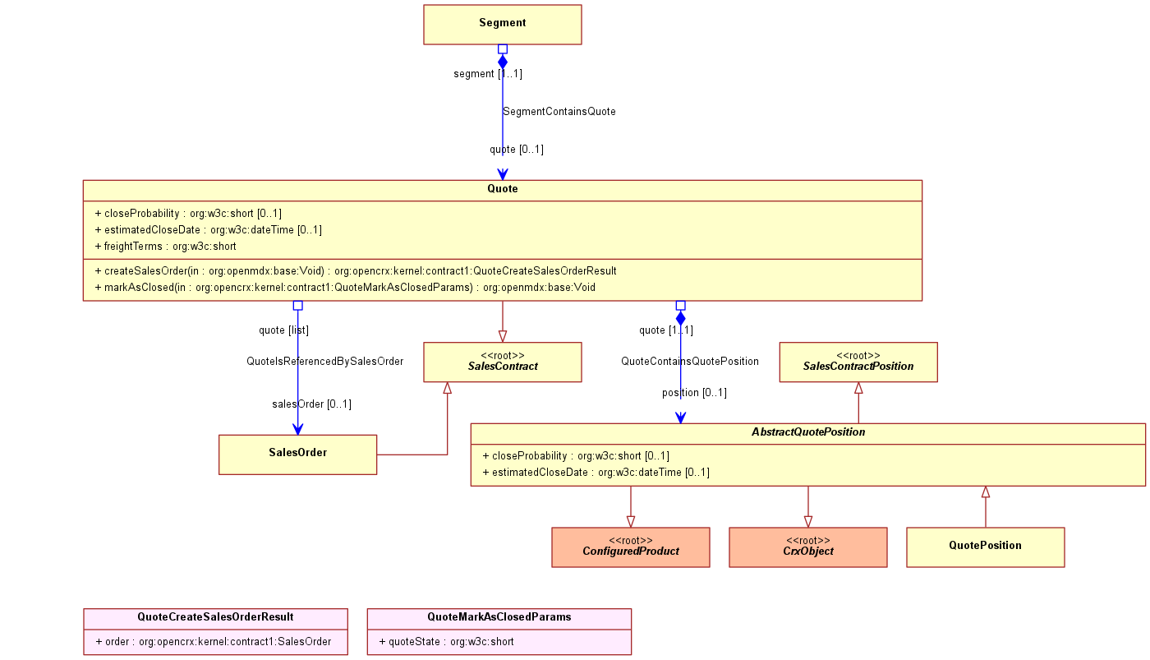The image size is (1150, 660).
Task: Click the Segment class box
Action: tap(502, 25)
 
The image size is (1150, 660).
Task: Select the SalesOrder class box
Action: tap(297, 455)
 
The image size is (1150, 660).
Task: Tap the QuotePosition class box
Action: tap(985, 547)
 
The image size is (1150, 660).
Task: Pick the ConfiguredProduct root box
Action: tap(631, 547)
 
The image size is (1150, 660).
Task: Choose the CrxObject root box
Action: tap(808, 547)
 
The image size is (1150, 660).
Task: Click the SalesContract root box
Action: tap(502, 362)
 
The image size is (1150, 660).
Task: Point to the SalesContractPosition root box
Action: tap(858, 362)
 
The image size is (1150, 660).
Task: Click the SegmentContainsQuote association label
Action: tap(559, 112)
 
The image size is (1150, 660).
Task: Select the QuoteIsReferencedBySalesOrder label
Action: tap(325, 361)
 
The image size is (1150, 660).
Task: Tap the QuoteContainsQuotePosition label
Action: tap(690, 361)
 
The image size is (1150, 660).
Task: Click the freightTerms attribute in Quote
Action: tap(165, 246)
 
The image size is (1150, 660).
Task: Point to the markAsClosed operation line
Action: tap(345, 287)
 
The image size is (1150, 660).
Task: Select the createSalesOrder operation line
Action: tap(356, 270)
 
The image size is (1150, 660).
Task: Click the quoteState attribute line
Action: tap(446, 642)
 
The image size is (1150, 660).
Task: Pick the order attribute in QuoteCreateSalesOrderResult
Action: tap(214, 642)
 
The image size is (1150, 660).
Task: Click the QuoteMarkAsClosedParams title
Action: tap(499, 617)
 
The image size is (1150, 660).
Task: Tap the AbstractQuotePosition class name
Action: tap(808, 432)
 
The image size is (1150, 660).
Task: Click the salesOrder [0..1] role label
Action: tap(311, 404)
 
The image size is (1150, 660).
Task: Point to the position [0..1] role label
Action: tap(694, 393)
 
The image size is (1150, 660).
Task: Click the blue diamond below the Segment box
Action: tap(503, 62)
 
